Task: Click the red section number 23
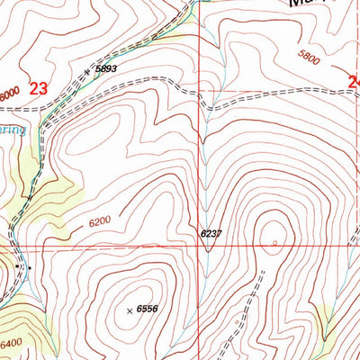pyautogui.click(x=37, y=88)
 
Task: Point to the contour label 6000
pyautogui.click(x=8, y=94)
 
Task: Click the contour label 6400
pyautogui.click(x=12, y=342)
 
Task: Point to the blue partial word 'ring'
pyautogui.click(x=13, y=130)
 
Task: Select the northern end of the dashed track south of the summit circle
pyautogui.click(x=264, y=269)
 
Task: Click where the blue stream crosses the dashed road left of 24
pyautogui.click(x=208, y=94)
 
